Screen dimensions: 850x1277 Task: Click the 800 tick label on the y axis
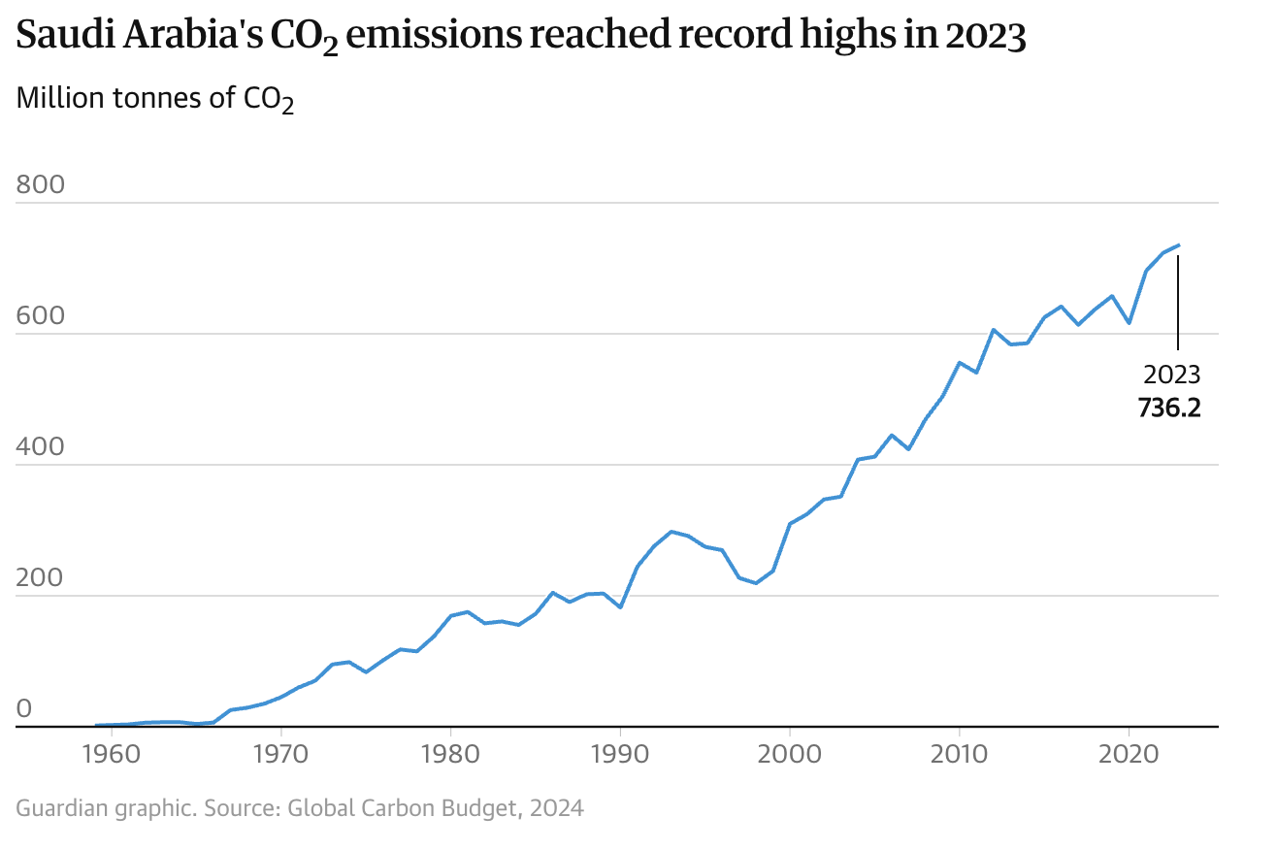point(40,183)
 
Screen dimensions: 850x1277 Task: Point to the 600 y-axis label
point(40,315)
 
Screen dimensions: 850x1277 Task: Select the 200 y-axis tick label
point(40,577)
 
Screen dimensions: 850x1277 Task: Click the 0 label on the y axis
point(24,708)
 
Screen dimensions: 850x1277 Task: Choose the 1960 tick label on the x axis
point(111,755)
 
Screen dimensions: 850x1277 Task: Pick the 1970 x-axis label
point(280,755)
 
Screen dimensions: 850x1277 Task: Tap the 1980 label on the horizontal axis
point(450,755)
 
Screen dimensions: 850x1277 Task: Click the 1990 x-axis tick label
point(619,755)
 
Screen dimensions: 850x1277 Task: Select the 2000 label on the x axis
point(789,755)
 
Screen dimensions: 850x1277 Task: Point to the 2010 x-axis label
point(959,755)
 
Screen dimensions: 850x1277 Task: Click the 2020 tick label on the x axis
point(1129,755)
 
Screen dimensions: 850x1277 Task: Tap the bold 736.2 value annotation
point(1169,408)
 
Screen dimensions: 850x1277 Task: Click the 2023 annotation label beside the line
point(1171,375)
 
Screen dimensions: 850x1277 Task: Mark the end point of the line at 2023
point(1178,245)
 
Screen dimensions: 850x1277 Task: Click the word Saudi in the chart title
point(61,36)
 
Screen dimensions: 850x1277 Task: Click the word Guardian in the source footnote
point(61,807)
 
